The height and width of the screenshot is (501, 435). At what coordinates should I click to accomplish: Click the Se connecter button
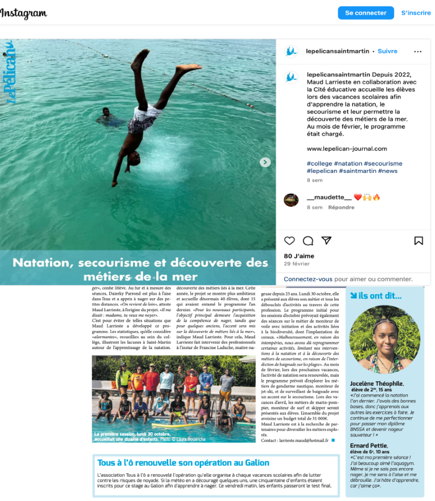(x=366, y=12)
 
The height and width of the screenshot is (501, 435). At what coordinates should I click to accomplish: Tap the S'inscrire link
(x=416, y=12)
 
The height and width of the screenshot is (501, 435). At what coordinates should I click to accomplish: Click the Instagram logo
(x=24, y=13)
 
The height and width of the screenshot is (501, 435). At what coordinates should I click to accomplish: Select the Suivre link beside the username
(x=387, y=51)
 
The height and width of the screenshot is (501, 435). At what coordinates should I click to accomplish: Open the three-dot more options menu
(x=418, y=52)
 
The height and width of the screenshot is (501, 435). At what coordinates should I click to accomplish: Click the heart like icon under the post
(x=289, y=241)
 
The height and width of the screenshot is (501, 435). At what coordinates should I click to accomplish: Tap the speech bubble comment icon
(x=308, y=241)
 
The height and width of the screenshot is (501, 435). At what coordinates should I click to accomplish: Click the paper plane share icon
(x=326, y=241)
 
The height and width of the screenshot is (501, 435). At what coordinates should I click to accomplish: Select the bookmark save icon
(x=419, y=241)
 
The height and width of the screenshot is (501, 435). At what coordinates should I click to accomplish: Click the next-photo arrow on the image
(x=265, y=162)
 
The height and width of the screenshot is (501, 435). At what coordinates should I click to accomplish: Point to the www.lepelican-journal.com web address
(x=347, y=148)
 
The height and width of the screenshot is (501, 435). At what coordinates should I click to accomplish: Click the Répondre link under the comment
(x=341, y=207)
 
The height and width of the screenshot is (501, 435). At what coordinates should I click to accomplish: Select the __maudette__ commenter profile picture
(x=291, y=200)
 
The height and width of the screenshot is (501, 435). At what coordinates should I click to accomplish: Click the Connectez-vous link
(x=308, y=279)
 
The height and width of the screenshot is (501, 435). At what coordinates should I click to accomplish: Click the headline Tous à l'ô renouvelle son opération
(x=175, y=462)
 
